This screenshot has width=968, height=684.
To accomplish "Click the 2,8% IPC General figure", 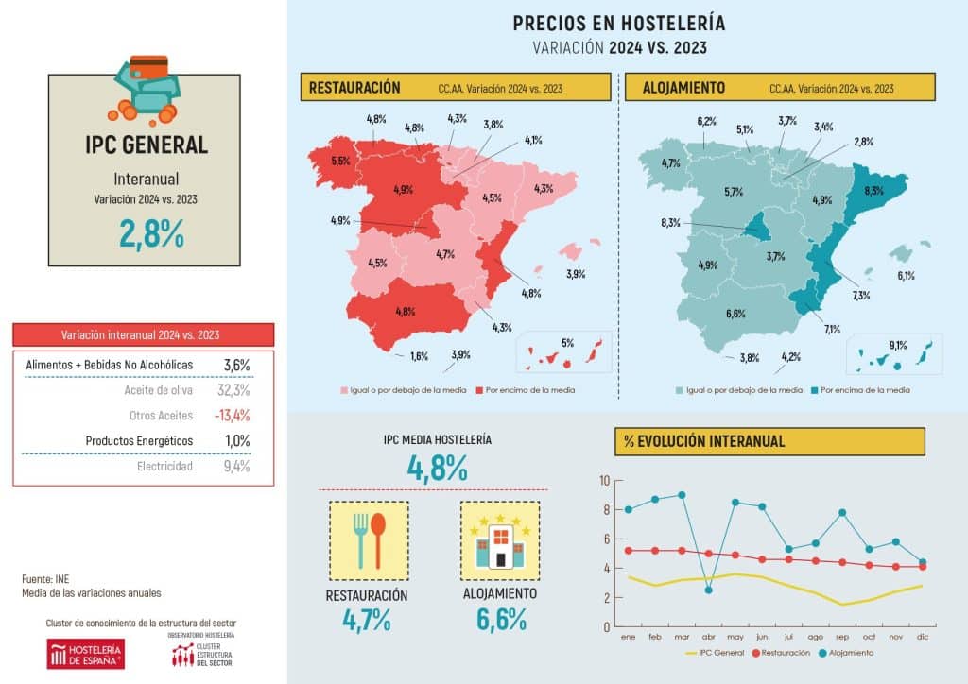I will (x=152, y=231).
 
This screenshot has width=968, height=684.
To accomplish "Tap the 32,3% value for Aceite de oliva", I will (x=233, y=389).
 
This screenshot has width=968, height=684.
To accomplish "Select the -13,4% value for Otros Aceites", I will (x=232, y=415).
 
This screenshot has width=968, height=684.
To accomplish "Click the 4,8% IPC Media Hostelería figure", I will (x=438, y=467).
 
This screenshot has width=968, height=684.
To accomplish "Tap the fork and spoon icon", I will (x=369, y=540).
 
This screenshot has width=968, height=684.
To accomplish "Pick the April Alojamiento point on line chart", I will (x=709, y=590).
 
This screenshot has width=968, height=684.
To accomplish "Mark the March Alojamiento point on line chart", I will (x=683, y=495).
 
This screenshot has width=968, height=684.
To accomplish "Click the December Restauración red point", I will (x=923, y=567).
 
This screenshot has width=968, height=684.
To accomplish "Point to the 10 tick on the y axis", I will (x=604, y=481).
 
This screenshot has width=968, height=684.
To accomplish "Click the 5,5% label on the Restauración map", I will (x=340, y=162).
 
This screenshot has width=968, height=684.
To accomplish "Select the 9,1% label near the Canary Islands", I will (x=897, y=345).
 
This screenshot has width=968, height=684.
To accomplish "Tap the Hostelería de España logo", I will (x=85, y=653).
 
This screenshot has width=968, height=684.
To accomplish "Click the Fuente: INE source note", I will (x=45, y=578).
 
